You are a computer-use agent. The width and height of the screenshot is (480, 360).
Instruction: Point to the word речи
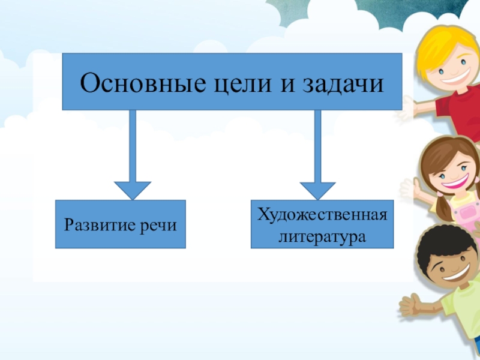click(x=161, y=225)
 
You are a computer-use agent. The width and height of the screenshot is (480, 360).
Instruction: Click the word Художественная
click(x=323, y=214)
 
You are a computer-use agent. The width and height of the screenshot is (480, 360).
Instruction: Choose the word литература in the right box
click(x=322, y=236)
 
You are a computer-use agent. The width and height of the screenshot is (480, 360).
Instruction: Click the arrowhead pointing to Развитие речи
click(x=133, y=190)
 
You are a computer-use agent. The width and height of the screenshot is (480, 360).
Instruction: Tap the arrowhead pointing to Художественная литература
click(x=317, y=190)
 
